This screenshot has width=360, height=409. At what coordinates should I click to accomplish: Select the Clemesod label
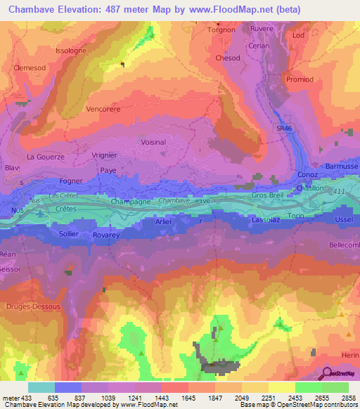coord(28,68)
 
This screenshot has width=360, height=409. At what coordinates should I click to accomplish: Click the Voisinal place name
coord(153,142)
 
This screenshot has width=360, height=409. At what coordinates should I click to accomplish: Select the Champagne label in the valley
coord(130,202)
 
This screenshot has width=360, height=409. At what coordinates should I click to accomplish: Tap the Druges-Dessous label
coord(33,307)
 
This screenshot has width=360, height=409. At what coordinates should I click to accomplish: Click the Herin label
coord(349,356)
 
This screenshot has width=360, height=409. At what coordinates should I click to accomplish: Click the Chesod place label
coord(228,58)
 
